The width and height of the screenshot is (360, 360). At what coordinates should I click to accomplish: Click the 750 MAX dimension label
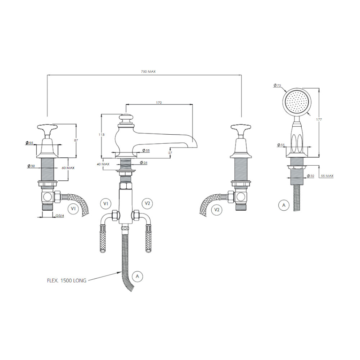click(148, 72)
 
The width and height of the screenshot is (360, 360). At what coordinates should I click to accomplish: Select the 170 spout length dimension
click(159, 103)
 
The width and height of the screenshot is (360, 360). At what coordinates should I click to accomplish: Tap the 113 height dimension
click(102, 135)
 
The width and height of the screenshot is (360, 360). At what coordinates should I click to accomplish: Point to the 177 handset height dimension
click(319, 120)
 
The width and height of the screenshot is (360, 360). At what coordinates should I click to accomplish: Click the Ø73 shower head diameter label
click(277, 85)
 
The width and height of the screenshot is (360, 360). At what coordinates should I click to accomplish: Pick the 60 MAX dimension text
click(68, 168)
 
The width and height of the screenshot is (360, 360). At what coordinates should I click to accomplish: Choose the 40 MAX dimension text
click(103, 164)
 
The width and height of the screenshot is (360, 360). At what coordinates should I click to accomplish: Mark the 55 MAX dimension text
click(327, 176)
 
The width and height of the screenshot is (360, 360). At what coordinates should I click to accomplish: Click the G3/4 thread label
click(60, 216)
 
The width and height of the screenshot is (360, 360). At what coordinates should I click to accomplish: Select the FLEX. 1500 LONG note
click(67, 280)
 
